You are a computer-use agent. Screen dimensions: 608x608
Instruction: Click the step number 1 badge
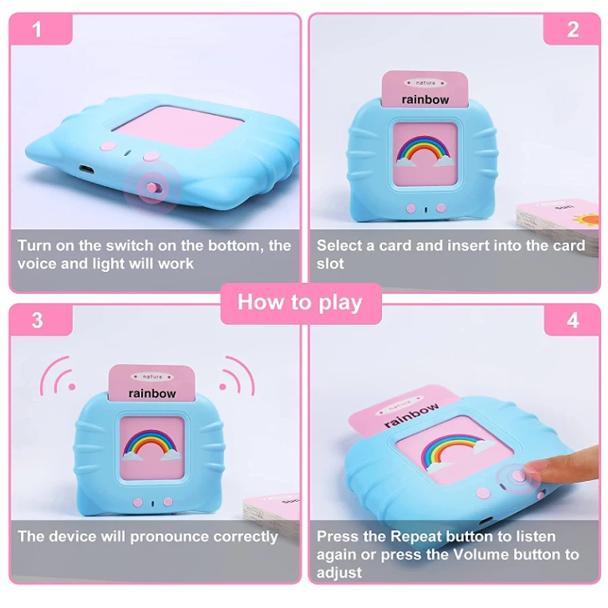[x=37, y=30]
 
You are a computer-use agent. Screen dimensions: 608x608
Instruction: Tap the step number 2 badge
[x=573, y=30]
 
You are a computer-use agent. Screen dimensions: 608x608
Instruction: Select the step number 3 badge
[x=37, y=320]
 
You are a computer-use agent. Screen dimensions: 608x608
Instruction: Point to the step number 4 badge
[x=573, y=320]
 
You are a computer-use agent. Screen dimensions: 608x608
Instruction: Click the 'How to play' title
[x=300, y=302]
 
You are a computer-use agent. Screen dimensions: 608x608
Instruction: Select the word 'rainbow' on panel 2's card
[x=424, y=99]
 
